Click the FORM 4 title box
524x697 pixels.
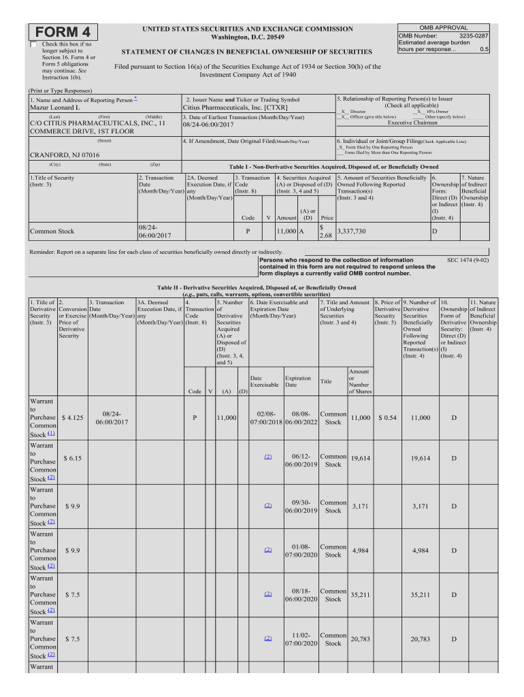62,32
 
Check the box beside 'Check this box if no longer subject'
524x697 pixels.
34,45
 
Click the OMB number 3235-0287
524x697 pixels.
474,35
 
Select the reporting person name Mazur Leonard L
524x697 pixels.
54,108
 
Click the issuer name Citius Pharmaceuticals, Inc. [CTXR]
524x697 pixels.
235,108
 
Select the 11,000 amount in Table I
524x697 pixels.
286,231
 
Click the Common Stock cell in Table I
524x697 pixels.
52,231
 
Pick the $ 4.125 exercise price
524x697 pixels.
72,417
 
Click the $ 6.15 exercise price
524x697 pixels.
72,459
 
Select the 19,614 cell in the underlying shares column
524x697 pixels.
359,459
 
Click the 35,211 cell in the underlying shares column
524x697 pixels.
359,594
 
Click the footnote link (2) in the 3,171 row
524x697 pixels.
267,506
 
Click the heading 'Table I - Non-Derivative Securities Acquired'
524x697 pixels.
333,167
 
